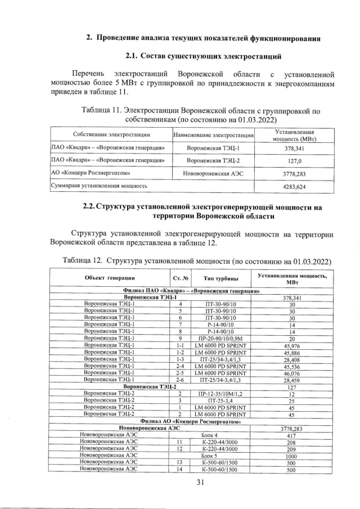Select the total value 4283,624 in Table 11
coord(292,185)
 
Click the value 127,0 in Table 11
coord(292,160)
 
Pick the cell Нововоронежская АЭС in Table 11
coord(213,173)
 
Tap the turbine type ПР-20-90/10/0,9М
coord(220,339)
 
